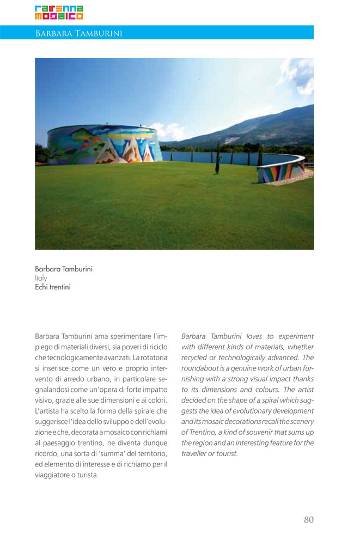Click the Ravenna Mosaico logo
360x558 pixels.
coord(59,13)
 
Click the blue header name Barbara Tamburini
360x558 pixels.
coord(78,34)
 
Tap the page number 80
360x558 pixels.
coord(308,519)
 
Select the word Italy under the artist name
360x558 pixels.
coord(41,278)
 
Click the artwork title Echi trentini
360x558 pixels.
coord(53,287)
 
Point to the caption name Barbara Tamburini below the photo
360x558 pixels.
coord(64,269)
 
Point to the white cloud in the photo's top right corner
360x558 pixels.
coord(298,76)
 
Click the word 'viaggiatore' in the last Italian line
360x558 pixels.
coord(53,475)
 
